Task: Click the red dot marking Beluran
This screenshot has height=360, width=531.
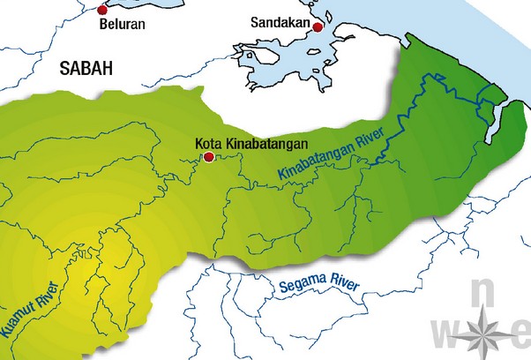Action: [102, 9]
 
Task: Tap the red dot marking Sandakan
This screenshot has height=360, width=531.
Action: [318, 27]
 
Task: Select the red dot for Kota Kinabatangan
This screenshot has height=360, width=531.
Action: [208, 157]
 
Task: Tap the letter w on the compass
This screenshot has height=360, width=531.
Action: [447, 331]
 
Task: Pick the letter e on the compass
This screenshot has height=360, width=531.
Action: [520, 333]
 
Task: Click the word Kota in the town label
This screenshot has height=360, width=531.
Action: [207, 142]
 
